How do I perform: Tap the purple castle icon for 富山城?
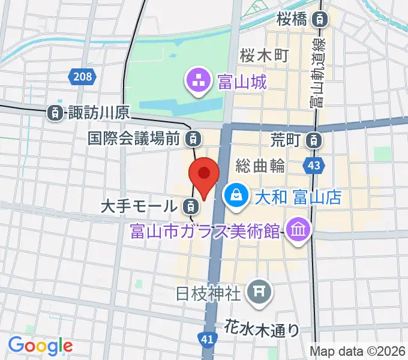(x=197, y=79)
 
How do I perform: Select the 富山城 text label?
(x=242, y=81)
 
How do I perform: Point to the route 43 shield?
(x=315, y=164)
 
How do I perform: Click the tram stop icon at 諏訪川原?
(x=55, y=112)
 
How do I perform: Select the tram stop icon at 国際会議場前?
(x=192, y=139)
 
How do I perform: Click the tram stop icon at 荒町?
(x=313, y=141)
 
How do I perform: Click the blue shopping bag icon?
(x=236, y=195)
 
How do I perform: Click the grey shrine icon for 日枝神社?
(x=259, y=292)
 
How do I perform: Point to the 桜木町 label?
(x=265, y=56)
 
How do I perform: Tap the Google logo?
(x=40, y=345)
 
